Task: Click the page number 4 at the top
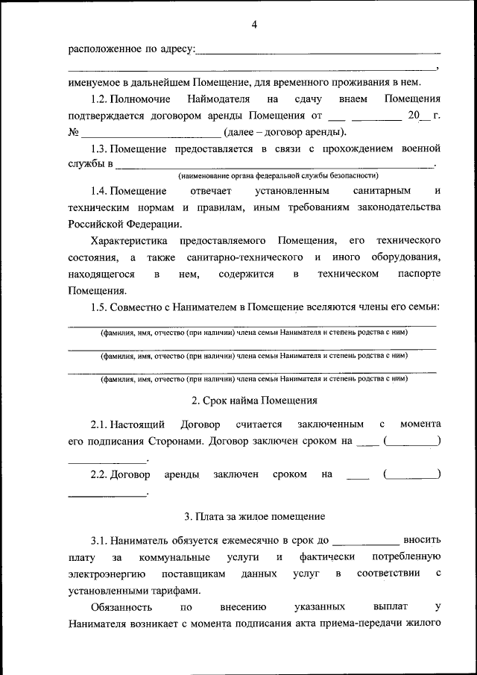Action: pyautogui.click(x=254, y=25)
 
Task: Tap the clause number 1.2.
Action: pyautogui.click(x=100, y=98)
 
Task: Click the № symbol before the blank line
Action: pyautogui.click(x=73, y=134)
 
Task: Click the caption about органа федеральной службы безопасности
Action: pyautogui.click(x=278, y=176)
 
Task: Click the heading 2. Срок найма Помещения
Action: pyautogui.click(x=254, y=400)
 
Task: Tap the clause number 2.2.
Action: pyautogui.click(x=100, y=474)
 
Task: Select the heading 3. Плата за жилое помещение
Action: pyautogui.click(x=254, y=515)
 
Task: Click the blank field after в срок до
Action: pyautogui.click(x=365, y=538)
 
